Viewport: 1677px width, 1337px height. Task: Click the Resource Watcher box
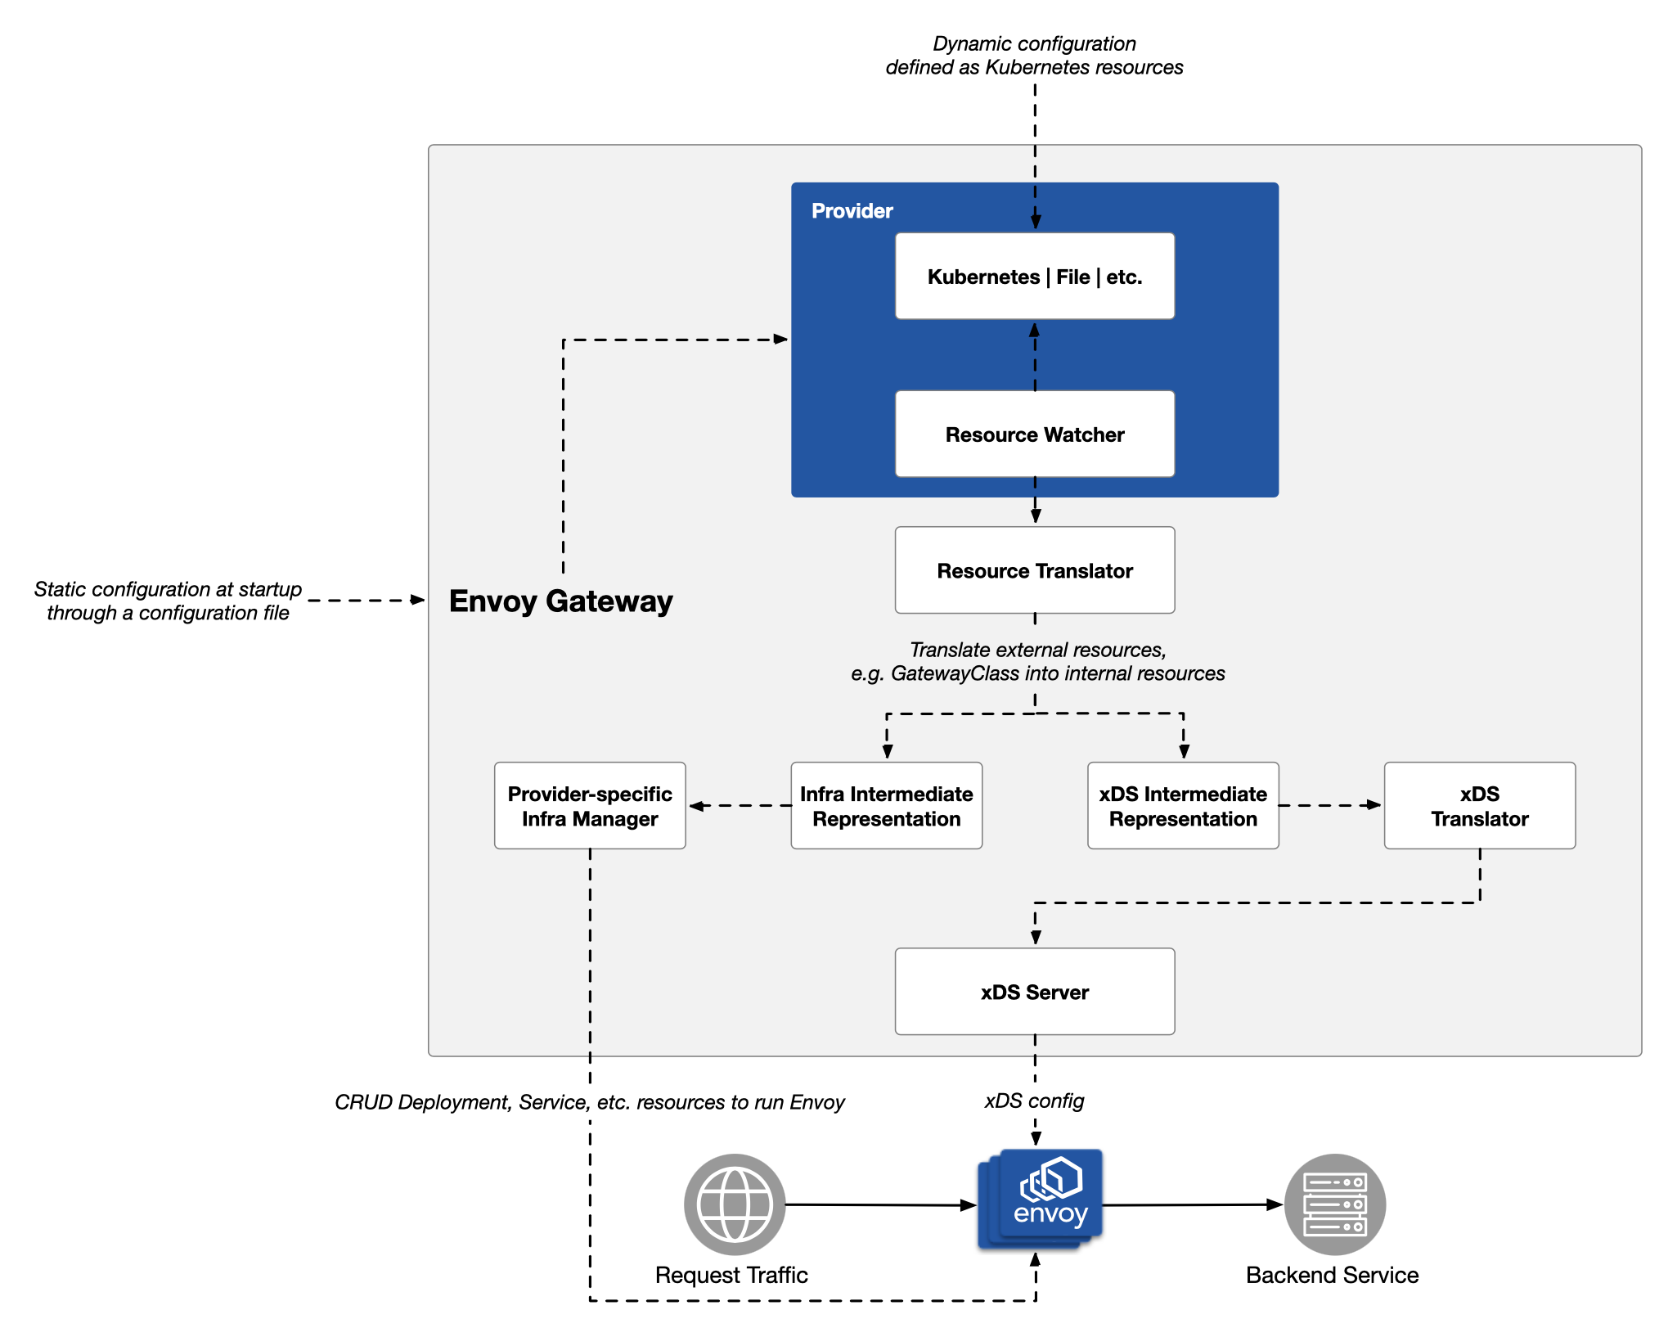click(x=1034, y=434)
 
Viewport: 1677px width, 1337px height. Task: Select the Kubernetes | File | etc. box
click(x=1034, y=277)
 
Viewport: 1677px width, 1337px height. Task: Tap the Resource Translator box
click(x=1034, y=570)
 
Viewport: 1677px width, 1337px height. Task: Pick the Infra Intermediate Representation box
click(x=886, y=806)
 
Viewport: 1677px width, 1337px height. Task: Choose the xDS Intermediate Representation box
click(x=1182, y=806)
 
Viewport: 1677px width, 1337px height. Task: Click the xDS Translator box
click(x=1479, y=806)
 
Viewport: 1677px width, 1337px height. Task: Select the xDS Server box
click(x=1034, y=992)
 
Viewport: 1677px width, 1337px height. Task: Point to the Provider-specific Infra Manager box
click(x=589, y=806)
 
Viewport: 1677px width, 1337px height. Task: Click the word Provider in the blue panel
click(x=852, y=211)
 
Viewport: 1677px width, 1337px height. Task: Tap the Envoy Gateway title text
click(x=560, y=601)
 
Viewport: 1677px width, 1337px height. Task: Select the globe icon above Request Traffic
click(x=734, y=1204)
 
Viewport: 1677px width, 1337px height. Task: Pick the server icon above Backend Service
click(x=1334, y=1204)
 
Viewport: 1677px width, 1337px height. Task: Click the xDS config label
click(x=1034, y=1101)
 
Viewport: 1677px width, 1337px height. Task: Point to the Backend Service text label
click(x=1331, y=1275)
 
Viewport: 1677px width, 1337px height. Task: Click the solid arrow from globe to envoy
click(x=879, y=1204)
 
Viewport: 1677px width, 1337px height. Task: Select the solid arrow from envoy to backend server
click(x=1190, y=1204)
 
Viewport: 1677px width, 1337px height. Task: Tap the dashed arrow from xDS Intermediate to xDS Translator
click(x=1329, y=805)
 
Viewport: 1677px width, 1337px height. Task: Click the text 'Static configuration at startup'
click(x=168, y=589)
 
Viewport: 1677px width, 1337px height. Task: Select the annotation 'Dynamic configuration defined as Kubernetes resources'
click(x=1034, y=56)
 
